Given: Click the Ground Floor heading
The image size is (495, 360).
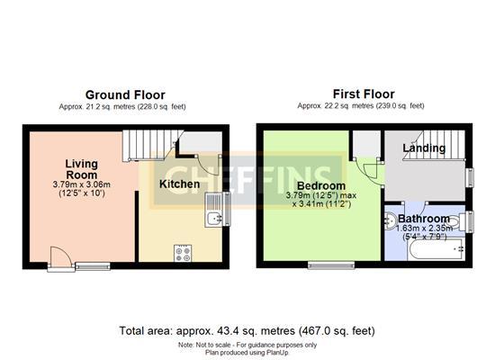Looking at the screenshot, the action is [x=125, y=94].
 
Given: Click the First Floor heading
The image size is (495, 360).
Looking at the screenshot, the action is [x=364, y=94].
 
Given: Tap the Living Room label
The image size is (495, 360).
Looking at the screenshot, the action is [x=81, y=169].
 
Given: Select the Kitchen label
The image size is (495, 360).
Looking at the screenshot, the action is [x=179, y=184].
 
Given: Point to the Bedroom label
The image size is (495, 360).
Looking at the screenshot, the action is [x=321, y=185].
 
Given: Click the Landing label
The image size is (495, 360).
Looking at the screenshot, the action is [x=424, y=148].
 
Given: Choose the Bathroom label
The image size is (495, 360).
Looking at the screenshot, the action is [x=424, y=218].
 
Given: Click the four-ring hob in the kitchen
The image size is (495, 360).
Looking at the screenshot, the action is [x=183, y=253].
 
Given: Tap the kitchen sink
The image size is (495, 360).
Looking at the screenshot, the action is [x=213, y=210].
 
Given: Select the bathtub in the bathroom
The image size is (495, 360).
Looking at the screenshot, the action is [x=436, y=249].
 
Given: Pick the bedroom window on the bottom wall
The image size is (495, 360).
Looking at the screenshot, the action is [x=331, y=265].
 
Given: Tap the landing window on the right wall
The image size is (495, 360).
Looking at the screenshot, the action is [x=470, y=177].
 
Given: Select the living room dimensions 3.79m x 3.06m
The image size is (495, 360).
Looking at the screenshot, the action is [x=81, y=184].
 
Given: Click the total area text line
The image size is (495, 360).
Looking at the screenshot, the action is [x=247, y=331].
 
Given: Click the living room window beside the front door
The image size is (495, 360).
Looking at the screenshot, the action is [x=93, y=266].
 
